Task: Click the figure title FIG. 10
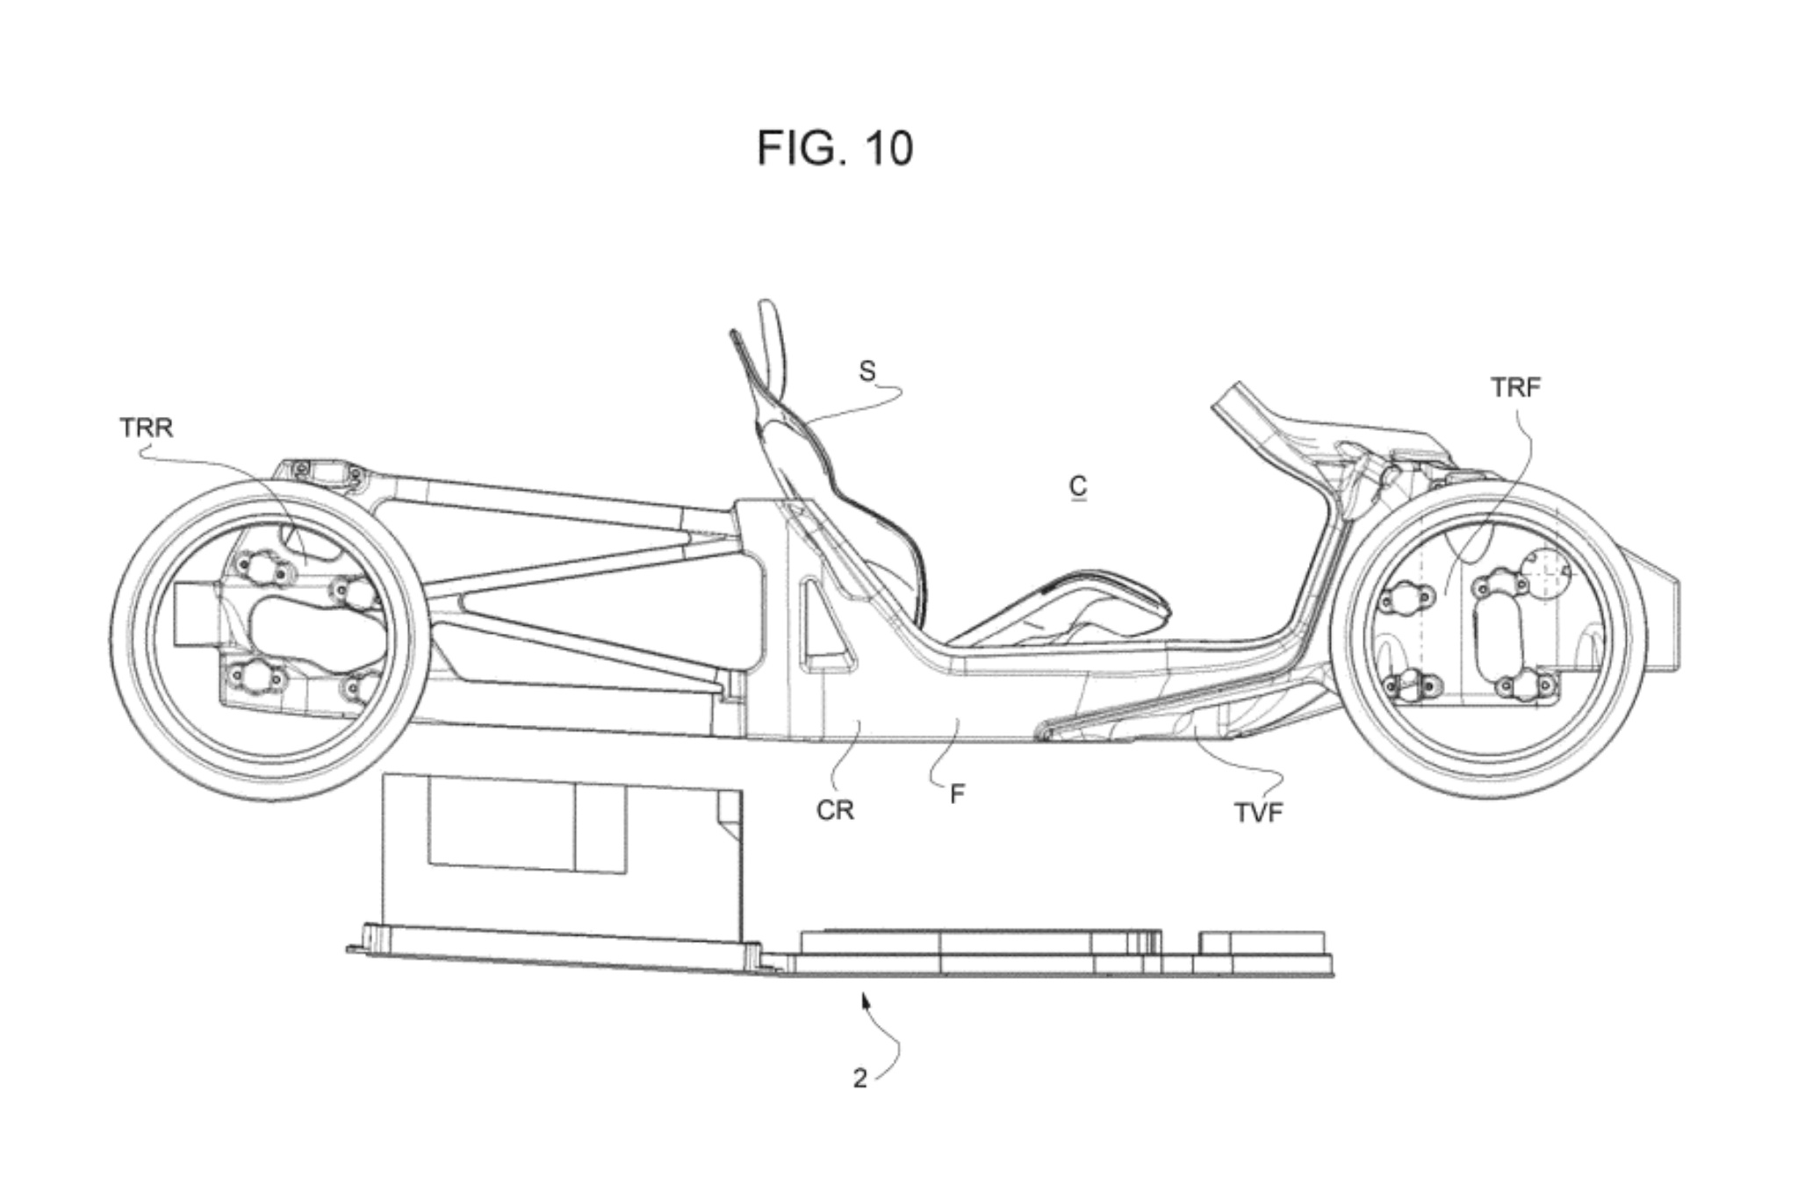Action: point(834,147)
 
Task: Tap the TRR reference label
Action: point(146,427)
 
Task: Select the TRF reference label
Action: point(1515,387)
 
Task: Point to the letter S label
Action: point(867,371)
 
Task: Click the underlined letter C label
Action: point(1078,486)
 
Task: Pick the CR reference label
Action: point(834,810)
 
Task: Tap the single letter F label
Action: point(957,793)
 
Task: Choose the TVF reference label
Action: point(1258,813)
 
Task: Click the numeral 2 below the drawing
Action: point(859,1079)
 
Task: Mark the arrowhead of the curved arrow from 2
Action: point(866,1000)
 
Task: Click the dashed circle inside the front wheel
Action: point(1549,571)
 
